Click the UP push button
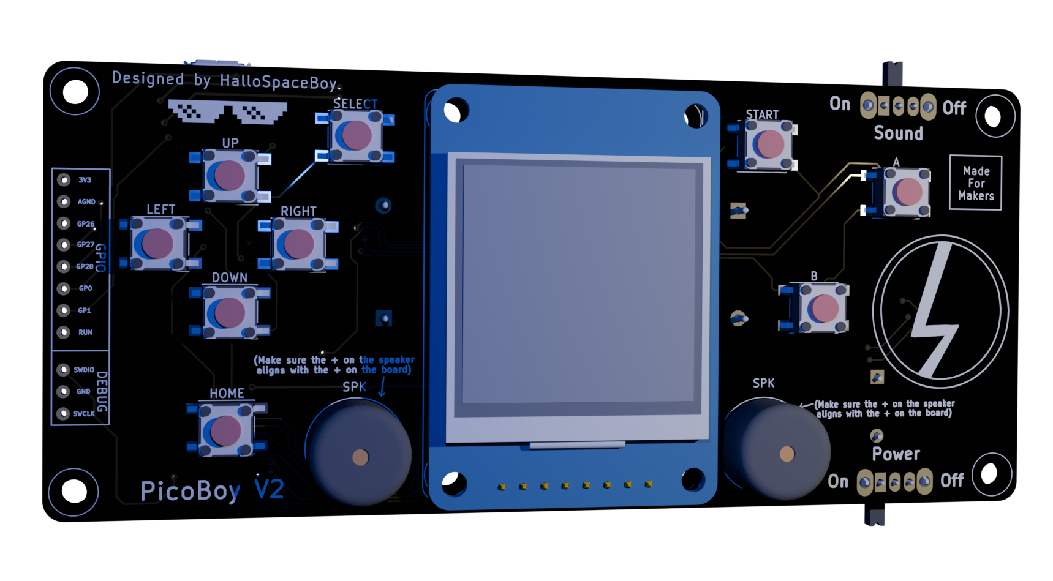coord(230,176)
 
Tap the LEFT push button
coord(158,244)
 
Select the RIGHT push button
coord(298,244)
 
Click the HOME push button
coord(225,430)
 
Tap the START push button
coord(766,144)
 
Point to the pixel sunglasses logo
coord(227,113)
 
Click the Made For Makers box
coord(976,183)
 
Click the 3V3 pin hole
coord(64,180)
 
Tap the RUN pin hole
coord(64,332)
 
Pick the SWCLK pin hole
coord(62,414)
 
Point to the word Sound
coord(898,133)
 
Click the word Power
coord(896,454)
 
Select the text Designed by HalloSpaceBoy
coord(225,81)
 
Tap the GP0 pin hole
coord(64,288)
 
